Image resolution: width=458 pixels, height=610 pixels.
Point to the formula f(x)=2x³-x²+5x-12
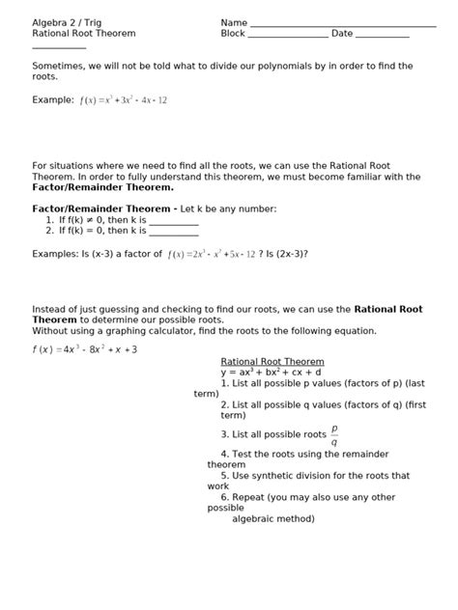211,254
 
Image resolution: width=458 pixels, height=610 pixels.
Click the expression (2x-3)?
291,254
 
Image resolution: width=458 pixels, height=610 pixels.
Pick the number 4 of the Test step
224,454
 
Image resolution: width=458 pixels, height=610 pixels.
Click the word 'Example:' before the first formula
53,99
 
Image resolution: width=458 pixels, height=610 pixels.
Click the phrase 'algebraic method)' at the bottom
273,518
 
